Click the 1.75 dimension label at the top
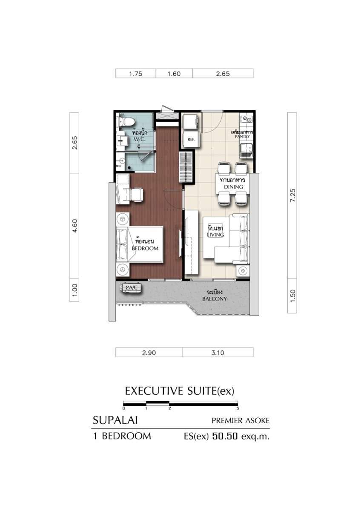[136, 74]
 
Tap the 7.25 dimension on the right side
[292, 195]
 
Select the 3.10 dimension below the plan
[218, 353]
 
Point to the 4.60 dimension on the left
[75, 226]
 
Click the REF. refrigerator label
[191, 139]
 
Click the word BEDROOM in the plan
[145, 248]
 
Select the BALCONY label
[215, 299]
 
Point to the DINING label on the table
[234, 187]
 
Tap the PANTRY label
[242, 136]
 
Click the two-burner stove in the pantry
[246, 119]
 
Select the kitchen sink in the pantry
[246, 150]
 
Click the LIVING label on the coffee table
[215, 235]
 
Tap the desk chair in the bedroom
[137, 195]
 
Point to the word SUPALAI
[115, 420]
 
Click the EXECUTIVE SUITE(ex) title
[180, 391]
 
